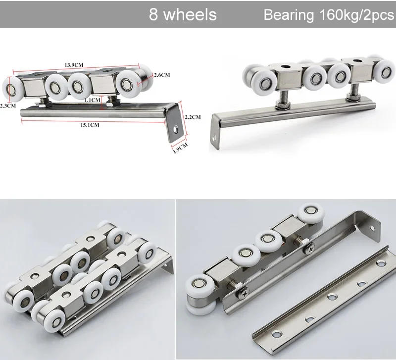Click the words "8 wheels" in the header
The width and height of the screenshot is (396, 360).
point(183,14)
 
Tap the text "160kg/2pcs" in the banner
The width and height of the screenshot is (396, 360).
point(353,15)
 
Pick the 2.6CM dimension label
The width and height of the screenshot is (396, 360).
point(162,75)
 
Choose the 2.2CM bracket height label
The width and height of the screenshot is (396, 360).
point(192,117)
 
